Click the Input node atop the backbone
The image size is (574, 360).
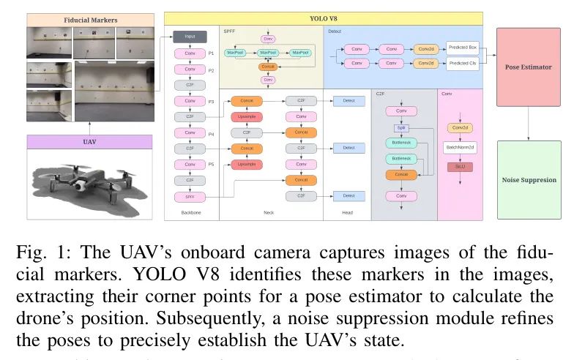click(190, 36)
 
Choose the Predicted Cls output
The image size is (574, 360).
click(461, 64)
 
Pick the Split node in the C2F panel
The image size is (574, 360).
click(401, 127)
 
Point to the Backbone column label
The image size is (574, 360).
click(190, 213)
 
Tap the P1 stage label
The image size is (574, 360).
click(211, 53)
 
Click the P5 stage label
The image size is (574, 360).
click(211, 164)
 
